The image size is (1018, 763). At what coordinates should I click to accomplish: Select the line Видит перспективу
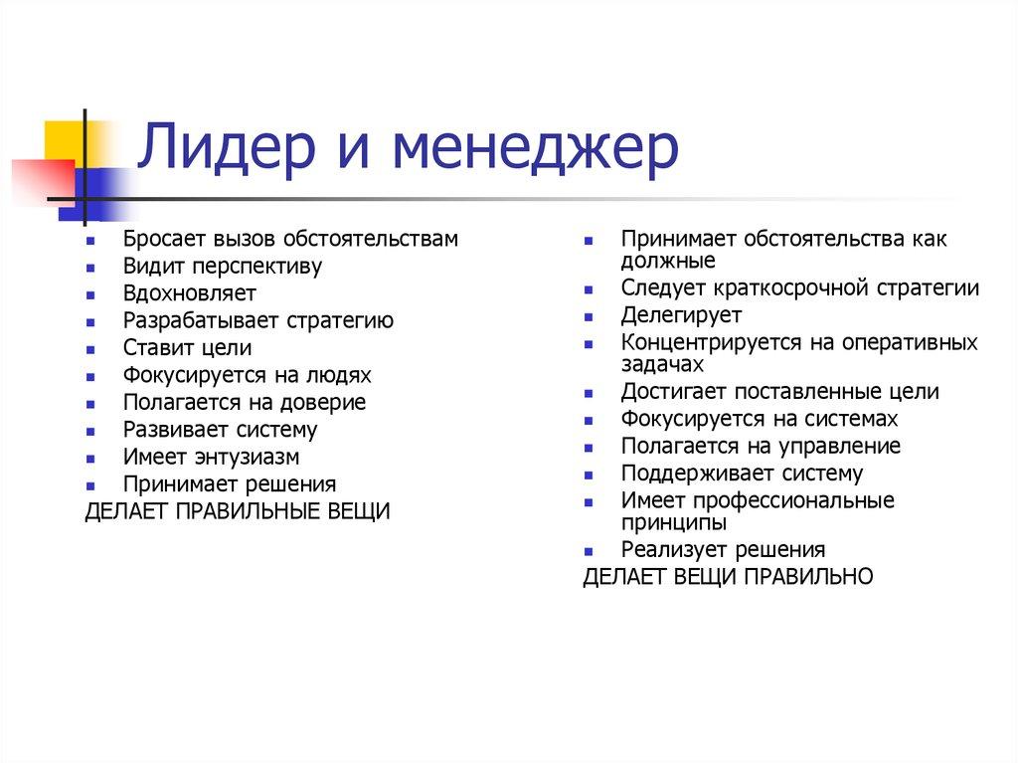(223, 267)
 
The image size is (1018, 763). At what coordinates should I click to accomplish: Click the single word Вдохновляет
(190, 293)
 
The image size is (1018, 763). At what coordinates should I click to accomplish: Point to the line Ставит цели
(187, 348)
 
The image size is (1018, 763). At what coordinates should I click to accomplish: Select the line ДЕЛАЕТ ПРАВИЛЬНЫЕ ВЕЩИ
(238, 511)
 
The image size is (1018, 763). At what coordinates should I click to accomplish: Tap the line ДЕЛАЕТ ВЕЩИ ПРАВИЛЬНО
(728, 576)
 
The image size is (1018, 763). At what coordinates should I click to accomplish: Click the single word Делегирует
(682, 315)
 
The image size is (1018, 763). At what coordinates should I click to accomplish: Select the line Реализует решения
(724, 549)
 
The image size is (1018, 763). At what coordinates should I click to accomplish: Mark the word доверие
(327, 403)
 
